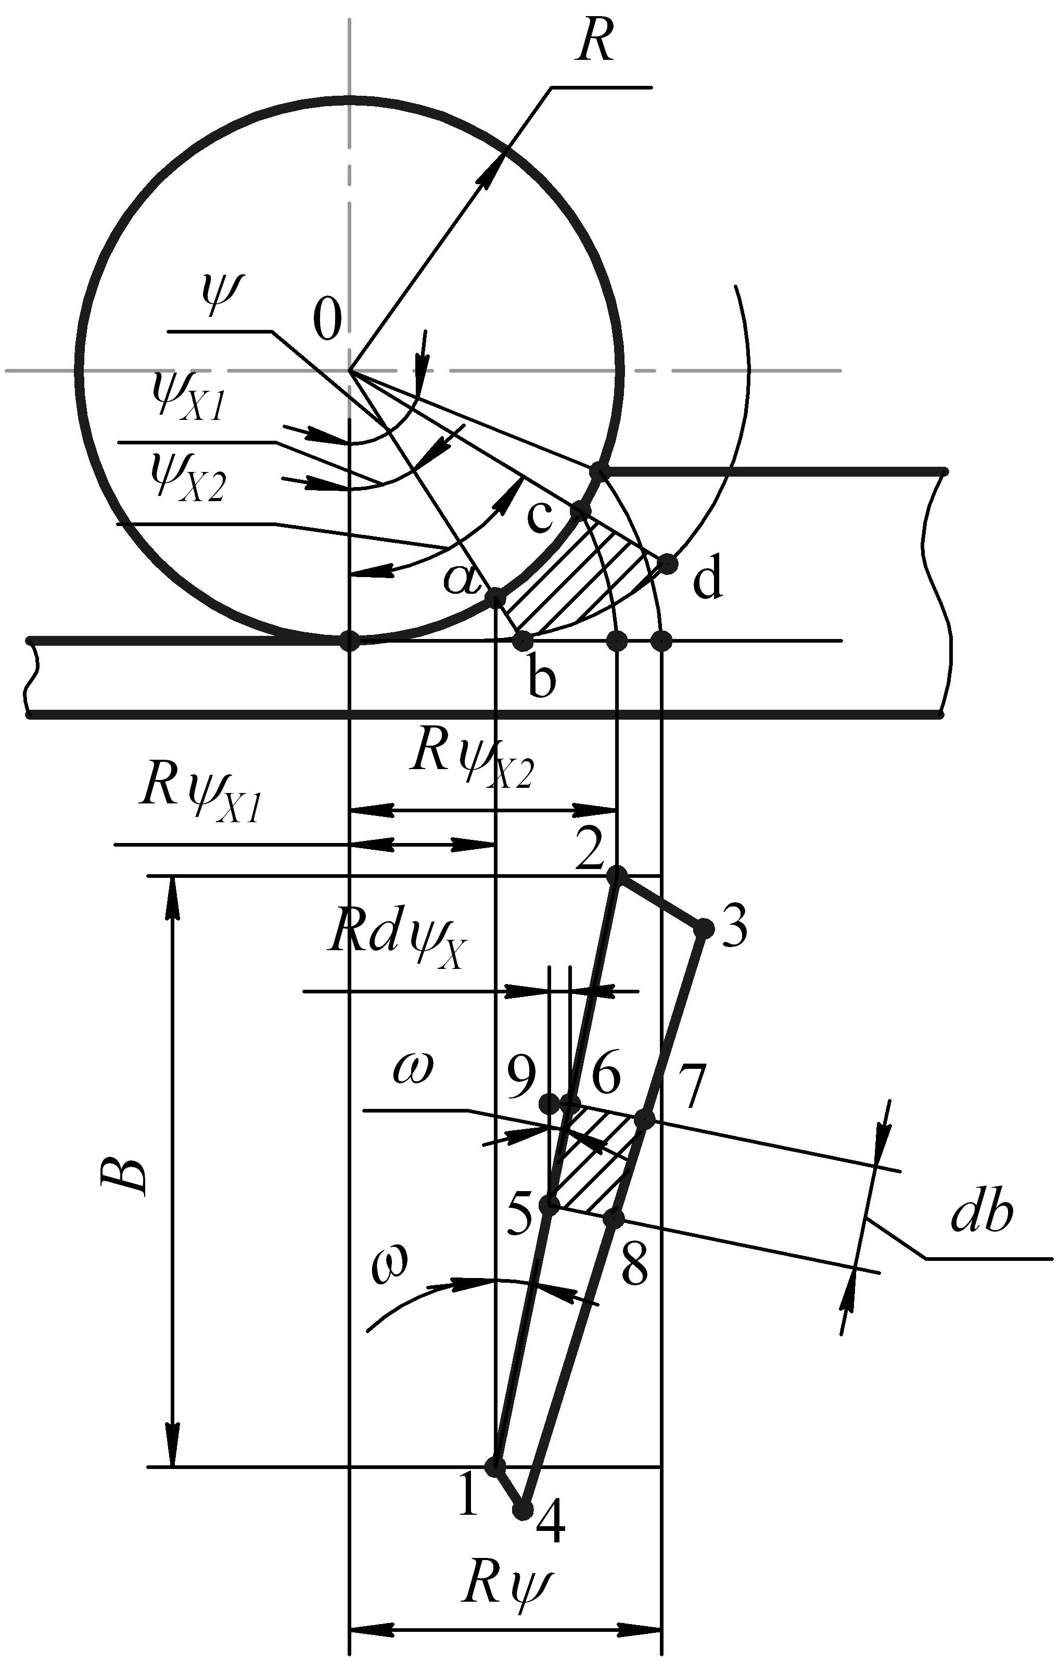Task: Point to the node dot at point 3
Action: click(704, 928)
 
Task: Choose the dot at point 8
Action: click(613, 1219)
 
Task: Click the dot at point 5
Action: click(550, 1205)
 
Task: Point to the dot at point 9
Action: click(550, 1103)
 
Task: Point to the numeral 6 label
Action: click(606, 1074)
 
